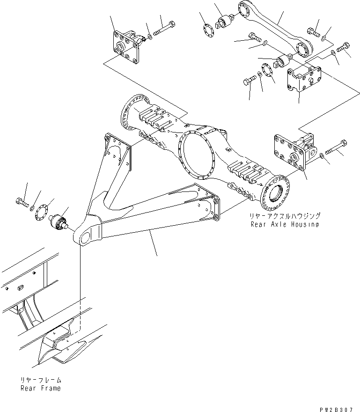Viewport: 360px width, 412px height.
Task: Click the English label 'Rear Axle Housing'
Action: (x=284, y=224)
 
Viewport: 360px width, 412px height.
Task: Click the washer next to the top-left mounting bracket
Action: (x=149, y=37)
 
